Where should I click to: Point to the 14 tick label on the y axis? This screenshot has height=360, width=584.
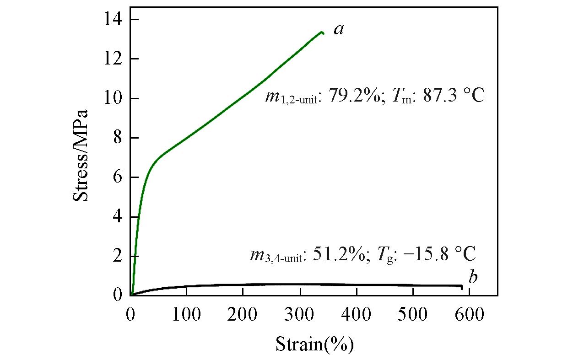(113, 20)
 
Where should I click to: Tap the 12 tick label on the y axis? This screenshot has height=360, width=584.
(113, 59)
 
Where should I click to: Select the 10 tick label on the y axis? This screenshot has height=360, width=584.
(113, 98)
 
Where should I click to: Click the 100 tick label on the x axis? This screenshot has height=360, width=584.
(187, 316)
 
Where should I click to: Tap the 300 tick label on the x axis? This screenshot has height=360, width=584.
(300, 316)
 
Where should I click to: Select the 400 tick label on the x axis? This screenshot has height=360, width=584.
(356, 316)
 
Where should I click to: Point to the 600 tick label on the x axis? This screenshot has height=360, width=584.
(469, 316)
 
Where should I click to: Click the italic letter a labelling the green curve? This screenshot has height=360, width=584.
(338, 30)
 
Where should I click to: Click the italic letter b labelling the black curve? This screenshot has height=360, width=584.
(473, 277)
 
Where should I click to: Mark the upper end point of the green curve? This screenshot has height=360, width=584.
(322, 32)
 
